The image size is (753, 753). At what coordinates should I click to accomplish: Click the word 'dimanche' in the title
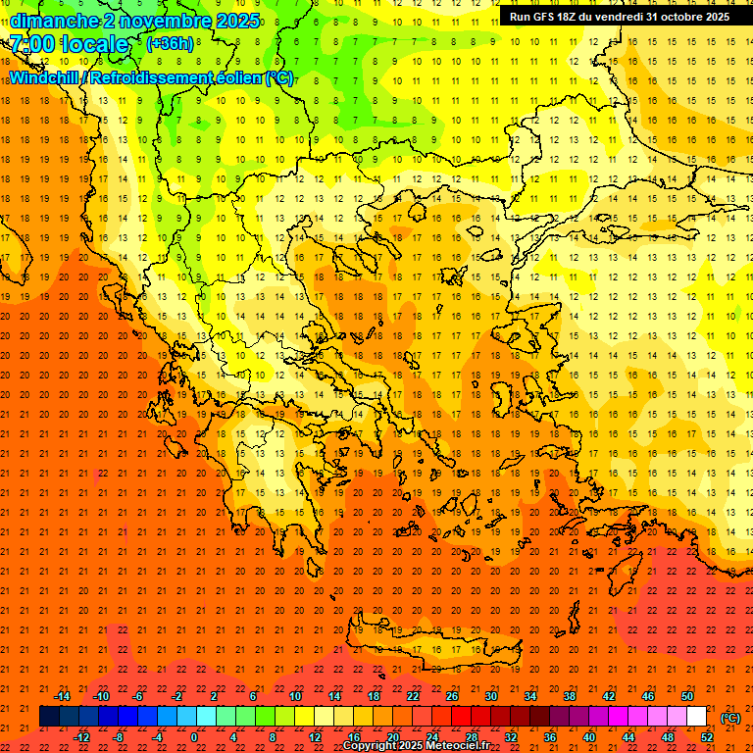pyautogui.click(x=53, y=21)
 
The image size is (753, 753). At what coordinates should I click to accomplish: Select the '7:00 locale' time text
pyautogui.click(x=69, y=44)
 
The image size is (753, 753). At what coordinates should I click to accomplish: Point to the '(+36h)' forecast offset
pyautogui.click(x=170, y=44)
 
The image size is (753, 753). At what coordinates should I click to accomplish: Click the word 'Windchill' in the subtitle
pyautogui.click(x=45, y=77)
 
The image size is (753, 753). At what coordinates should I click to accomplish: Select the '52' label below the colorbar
pyautogui.click(x=707, y=736)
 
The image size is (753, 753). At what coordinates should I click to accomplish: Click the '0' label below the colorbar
pyautogui.click(x=195, y=736)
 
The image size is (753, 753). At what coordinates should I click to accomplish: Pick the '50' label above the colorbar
pyautogui.click(x=686, y=695)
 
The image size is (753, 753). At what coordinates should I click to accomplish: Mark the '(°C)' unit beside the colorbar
pyautogui.click(x=729, y=718)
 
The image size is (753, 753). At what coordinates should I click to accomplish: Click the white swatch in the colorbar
pyautogui.click(x=697, y=717)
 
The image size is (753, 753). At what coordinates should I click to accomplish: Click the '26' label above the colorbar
pyautogui.click(x=452, y=695)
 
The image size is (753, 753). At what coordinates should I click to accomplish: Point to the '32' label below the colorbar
pyautogui.click(x=511, y=736)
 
